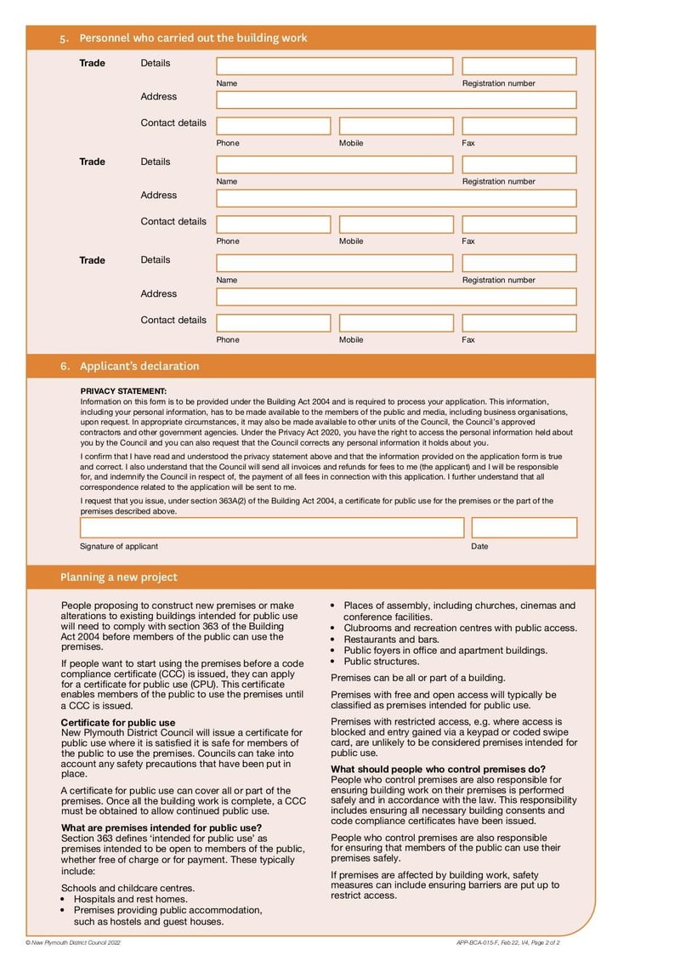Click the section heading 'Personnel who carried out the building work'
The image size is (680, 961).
pos(193,38)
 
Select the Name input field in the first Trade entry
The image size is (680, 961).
pos(334,66)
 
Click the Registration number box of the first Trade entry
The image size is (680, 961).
pos(518,66)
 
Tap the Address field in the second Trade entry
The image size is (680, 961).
pos(396,198)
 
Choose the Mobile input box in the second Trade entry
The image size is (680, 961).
pos(395,225)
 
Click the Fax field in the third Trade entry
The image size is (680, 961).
pos(518,323)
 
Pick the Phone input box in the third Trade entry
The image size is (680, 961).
pos(273,323)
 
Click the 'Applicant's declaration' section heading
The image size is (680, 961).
pos(139,367)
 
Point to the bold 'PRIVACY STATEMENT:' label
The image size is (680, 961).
pos(123,391)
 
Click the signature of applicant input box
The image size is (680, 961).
pos(272,527)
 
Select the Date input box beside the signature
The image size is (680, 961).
pos(524,527)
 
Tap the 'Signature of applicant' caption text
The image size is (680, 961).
pos(119,546)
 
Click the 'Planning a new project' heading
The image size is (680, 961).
pos(119,577)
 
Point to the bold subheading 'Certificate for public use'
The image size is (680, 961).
pos(118,722)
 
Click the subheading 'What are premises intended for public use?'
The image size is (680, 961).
pos(161,827)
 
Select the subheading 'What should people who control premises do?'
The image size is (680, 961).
pos(438,769)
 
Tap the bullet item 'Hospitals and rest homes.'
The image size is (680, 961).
pos(131,899)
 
